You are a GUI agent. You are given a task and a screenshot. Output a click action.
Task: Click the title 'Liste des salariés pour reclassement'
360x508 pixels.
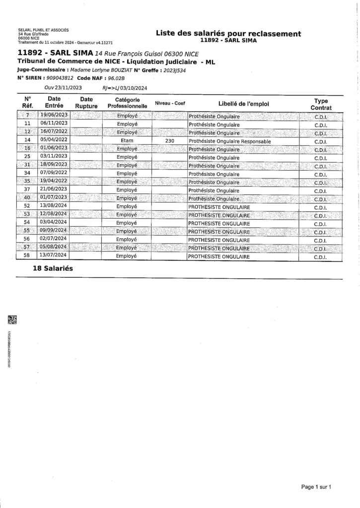(x=228, y=33)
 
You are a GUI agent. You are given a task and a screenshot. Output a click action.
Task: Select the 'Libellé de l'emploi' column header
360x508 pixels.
(x=243, y=103)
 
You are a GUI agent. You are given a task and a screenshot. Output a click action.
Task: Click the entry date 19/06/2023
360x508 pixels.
(x=54, y=115)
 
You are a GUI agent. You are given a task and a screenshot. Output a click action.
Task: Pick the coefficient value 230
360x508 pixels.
(x=169, y=141)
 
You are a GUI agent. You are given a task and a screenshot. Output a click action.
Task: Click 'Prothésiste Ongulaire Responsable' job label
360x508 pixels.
(x=230, y=141)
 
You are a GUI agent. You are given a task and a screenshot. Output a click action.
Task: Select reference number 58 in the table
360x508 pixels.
(x=27, y=256)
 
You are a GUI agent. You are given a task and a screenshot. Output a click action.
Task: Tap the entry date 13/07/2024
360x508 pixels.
(x=54, y=256)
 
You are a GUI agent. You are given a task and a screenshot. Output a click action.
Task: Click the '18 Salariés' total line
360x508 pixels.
(x=52, y=267)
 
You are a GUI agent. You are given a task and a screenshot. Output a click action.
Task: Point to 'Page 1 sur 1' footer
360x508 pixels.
(x=316, y=487)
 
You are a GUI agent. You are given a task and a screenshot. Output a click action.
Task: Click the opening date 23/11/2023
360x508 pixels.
(x=69, y=87)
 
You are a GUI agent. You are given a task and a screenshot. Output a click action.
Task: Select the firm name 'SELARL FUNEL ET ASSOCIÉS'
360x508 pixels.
(x=43, y=30)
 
